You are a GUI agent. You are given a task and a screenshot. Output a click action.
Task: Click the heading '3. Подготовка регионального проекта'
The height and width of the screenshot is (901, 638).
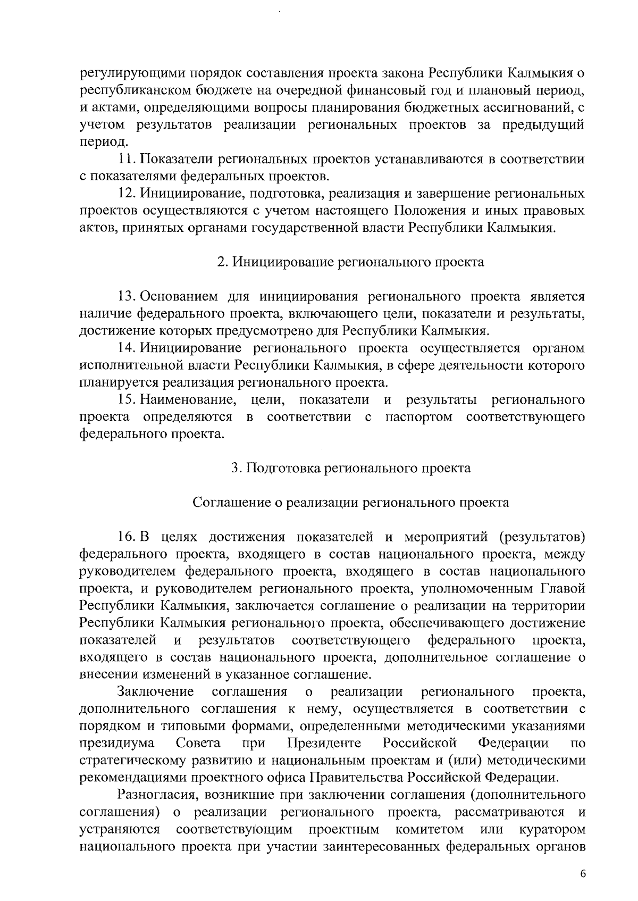click(x=351, y=468)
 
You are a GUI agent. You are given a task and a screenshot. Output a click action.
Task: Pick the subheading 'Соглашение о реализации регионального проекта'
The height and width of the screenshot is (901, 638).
click(x=350, y=503)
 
